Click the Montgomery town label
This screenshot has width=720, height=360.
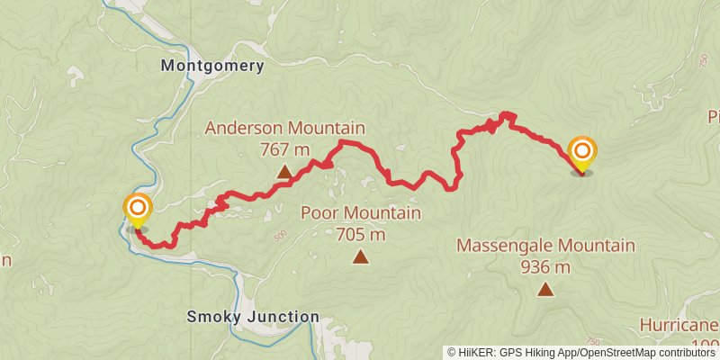pos(212,66)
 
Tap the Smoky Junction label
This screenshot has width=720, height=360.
pos(253,317)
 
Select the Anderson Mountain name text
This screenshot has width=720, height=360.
pos(284,129)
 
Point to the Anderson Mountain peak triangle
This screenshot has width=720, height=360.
pos(284,172)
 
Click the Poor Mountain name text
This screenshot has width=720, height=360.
pos(360,213)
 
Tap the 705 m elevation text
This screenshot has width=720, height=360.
pos(360,234)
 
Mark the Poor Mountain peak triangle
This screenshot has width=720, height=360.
pos(360,257)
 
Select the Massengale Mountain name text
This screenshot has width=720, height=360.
pos(545,246)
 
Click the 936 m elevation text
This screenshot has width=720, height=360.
pos(545,266)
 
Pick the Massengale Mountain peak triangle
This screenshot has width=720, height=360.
pos(545,289)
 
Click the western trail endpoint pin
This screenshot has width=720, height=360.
pos(138,211)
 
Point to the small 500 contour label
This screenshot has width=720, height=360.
pos(280,235)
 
